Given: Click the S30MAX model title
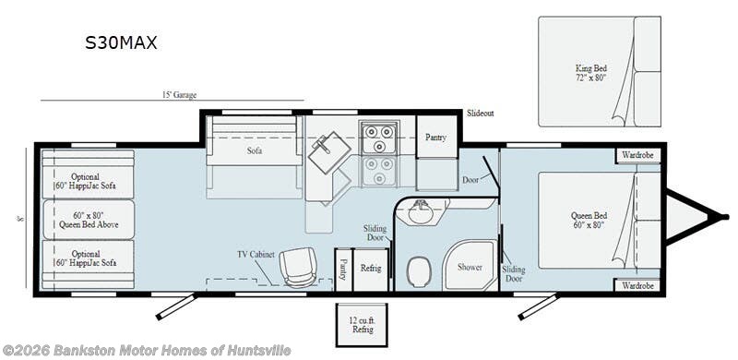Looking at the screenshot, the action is coord(121,42).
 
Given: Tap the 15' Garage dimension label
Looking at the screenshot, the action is coord(179,95).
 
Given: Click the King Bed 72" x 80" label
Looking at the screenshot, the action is coord(590,73).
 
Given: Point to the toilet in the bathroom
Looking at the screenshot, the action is coord(418,272).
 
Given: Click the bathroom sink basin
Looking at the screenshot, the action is coord(421,212).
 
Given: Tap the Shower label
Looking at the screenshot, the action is coord(470,267).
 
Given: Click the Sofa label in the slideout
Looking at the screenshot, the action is coord(255,150).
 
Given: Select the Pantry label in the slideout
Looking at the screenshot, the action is coord(435,138).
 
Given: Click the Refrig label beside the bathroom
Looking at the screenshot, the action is coord(371,268).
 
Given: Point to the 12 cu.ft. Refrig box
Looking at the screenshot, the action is coord(362,325).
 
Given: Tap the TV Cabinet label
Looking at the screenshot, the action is coord(256,255).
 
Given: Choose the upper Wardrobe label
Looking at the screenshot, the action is coord(637,154).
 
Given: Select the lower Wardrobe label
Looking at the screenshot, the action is coord(637,285).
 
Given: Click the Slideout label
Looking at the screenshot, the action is coord(481,114).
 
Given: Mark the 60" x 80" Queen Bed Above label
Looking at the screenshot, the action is coord(89,220).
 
